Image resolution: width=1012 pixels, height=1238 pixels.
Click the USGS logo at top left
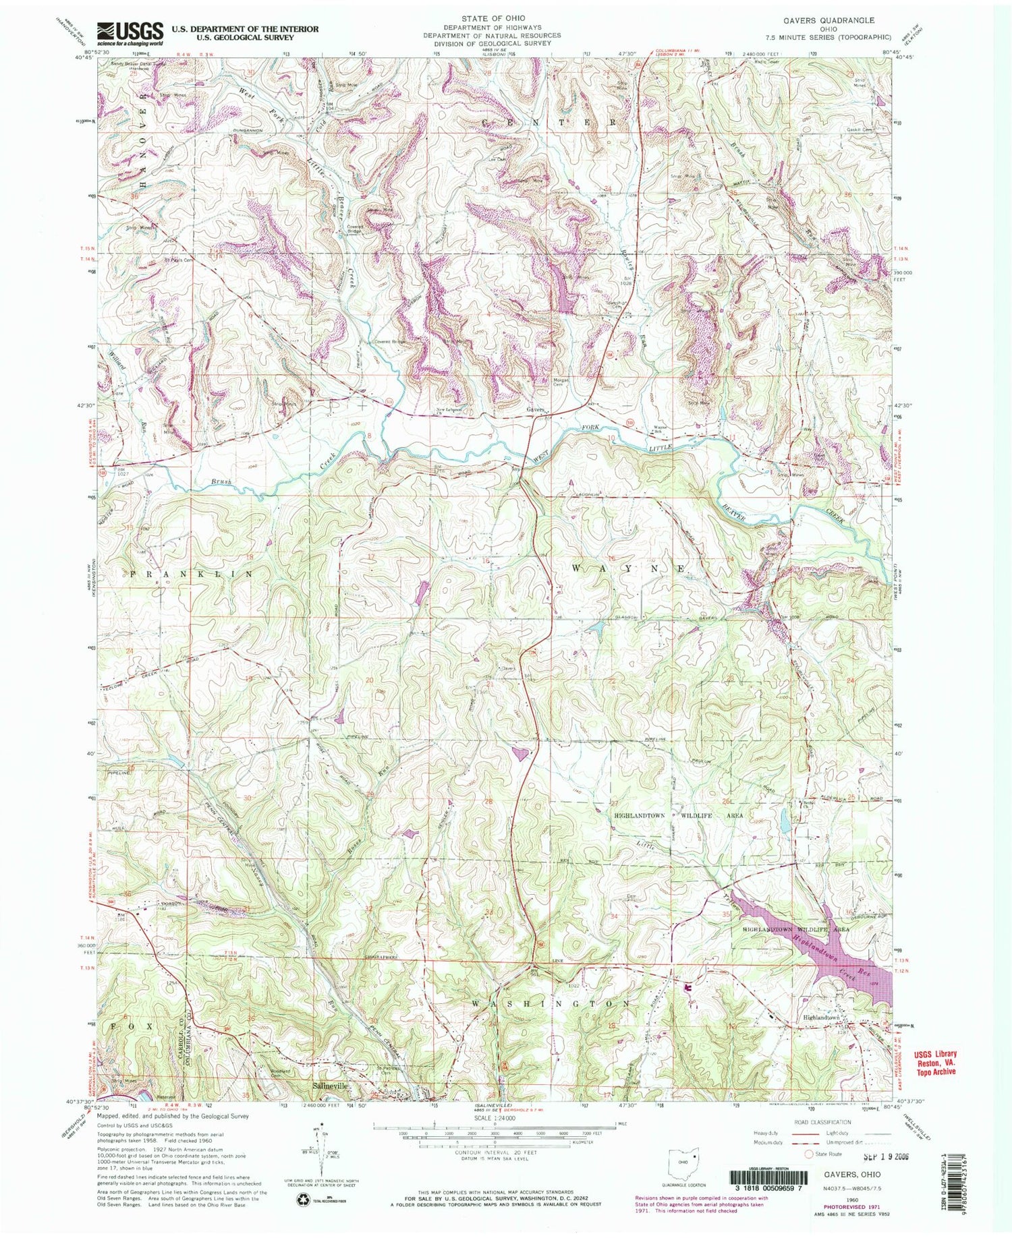click(131, 31)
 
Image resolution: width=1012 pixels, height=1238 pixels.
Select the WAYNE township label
click(628, 568)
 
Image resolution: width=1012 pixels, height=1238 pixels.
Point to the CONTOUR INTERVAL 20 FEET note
click(494, 1152)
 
